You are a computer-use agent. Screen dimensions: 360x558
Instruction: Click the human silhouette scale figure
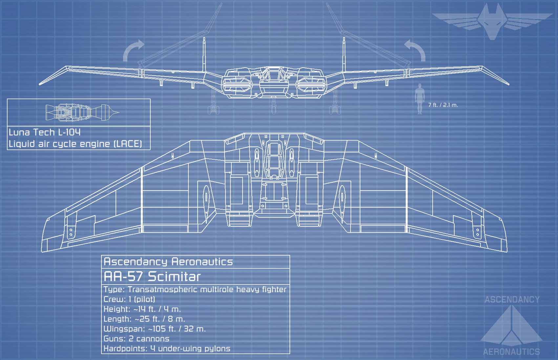pos(419,99)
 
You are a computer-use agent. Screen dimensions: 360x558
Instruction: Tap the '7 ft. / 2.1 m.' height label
pos(443,105)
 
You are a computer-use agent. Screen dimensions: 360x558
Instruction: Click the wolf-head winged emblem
pos(491,20)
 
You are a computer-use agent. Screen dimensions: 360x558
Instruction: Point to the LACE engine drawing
pos(82,112)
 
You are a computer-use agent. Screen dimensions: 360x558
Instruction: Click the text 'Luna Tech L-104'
pos(45,132)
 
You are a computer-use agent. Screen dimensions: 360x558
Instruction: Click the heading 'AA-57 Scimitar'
pos(152,277)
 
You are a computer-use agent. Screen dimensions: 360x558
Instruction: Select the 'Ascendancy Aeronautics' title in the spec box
pos(168,262)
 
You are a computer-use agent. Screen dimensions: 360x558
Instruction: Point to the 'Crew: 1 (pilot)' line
pos(129,299)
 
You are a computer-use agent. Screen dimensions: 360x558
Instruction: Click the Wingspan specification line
pos(155,329)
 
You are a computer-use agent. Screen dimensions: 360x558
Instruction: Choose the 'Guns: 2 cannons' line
pos(136,339)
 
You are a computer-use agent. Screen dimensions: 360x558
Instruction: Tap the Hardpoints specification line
pos(167,349)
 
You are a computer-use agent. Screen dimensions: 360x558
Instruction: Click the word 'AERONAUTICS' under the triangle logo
pos(511,352)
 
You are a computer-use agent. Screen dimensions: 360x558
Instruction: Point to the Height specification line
pos(142,309)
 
